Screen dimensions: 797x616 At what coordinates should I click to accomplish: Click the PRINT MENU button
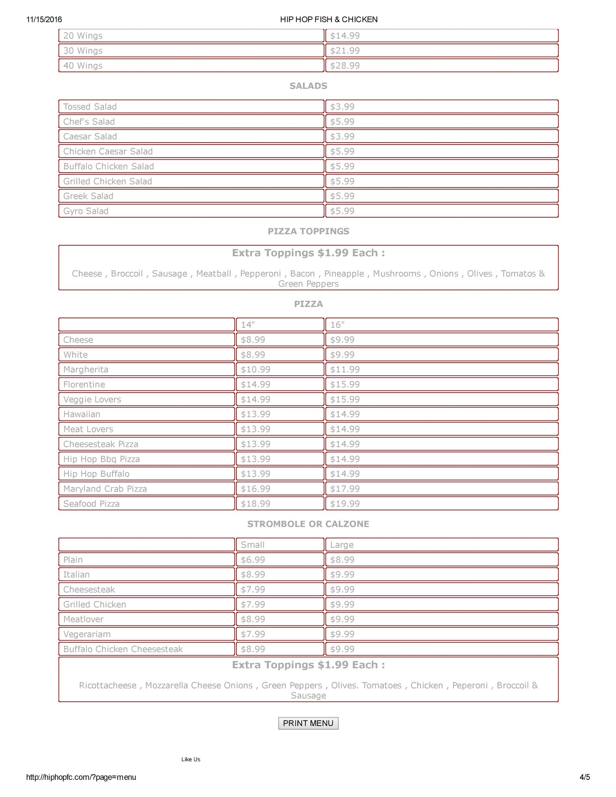point(308,723)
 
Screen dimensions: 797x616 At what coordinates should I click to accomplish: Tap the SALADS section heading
point(308,86)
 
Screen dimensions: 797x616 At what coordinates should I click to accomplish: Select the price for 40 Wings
point(345,66)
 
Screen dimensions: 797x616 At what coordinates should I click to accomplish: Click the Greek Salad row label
point(88,196)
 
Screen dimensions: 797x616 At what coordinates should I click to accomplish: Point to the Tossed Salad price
point(342,107)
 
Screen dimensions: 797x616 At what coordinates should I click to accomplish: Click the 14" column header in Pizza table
point(248,325)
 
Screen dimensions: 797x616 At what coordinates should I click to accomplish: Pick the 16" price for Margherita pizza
point(345,369)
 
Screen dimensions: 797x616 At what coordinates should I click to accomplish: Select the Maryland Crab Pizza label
point(105,489)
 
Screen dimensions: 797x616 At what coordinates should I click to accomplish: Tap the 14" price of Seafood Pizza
point(256,504)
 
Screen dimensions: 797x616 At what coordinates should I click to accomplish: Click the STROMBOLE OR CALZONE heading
point(308,524)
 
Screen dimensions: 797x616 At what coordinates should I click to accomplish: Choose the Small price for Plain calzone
point(253,560)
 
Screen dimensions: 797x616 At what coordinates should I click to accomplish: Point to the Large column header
point(342,545)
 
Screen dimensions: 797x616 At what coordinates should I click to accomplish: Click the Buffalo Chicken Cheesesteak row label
point(123,649)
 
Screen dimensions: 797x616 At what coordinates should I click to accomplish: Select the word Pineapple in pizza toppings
point(344,274)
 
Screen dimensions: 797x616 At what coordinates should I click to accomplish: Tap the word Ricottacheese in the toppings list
point(108,685)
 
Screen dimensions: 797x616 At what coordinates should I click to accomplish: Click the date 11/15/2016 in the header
point(44,20)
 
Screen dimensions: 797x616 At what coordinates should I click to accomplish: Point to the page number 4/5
point(585,777)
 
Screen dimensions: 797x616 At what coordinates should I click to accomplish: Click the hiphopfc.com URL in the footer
point(81,777)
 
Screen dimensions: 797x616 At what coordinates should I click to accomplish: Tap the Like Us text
point(191,759)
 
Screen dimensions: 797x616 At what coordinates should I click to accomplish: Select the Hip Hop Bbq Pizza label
point(101,459)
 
